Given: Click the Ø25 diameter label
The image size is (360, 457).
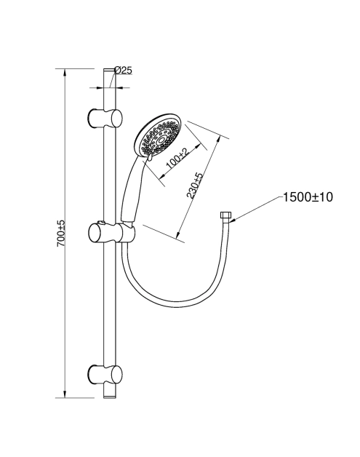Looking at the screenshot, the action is coord(123,71).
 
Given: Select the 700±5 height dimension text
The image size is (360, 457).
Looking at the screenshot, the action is coord(61,234).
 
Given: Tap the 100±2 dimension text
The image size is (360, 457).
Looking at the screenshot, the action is coord(177,160).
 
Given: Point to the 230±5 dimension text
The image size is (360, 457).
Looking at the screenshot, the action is coord(195,186).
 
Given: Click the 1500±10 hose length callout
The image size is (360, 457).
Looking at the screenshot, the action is coord(308,197).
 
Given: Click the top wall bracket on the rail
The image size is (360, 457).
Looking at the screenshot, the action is coord(105,118).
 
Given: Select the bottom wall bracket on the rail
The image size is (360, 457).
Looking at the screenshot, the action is coord(105,374).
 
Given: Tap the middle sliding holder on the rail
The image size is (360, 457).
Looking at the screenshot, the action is coord(111,232).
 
